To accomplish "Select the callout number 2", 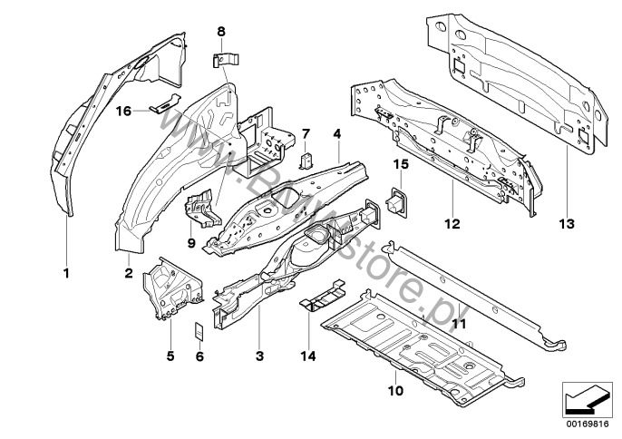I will [129, 271].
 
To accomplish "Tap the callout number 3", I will [259, 357].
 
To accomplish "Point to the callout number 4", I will [336, 132].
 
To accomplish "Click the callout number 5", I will [169, 357].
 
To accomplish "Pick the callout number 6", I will [199, 357].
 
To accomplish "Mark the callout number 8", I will [220, 33].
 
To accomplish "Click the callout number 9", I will [191, 242].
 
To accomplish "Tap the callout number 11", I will [459, 323].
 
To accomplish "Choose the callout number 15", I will [400, 163].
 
